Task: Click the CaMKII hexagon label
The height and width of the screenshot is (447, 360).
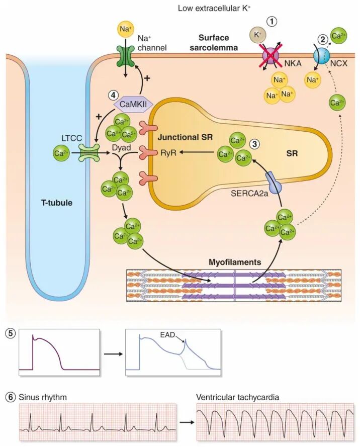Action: [x=133, y=104]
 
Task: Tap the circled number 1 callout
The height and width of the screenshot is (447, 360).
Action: [x=272, y=22]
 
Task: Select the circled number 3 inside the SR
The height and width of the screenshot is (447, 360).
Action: [x=254, y=144]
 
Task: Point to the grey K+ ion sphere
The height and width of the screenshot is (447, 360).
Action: [x=257, y=35]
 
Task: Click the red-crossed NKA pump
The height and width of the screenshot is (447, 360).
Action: [x=272, y=55]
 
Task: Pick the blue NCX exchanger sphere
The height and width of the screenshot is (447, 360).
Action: [x=321, y=55]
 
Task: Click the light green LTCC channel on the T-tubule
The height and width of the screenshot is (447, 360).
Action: [x=89, y=153]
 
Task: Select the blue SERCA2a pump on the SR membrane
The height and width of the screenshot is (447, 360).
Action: [x=274, y=184]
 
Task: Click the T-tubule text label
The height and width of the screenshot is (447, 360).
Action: [x=57, y=203]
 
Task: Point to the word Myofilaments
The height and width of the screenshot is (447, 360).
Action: [x=235, y=262]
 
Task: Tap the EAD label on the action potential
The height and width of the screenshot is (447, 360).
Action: [x=167, y=334]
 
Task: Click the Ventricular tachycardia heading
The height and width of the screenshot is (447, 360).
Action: [x=237, y=397]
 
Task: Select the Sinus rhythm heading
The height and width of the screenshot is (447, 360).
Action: [x=42, y=397]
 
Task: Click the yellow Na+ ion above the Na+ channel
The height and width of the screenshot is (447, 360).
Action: [x=125, y=29]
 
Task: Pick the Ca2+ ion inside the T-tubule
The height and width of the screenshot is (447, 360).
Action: [x=61, y=153]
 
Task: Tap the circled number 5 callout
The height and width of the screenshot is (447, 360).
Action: [x=11, y=333]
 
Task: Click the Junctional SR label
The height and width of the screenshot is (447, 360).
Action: [x=185, y=137]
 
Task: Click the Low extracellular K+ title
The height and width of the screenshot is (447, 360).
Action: [x=214, y=8]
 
